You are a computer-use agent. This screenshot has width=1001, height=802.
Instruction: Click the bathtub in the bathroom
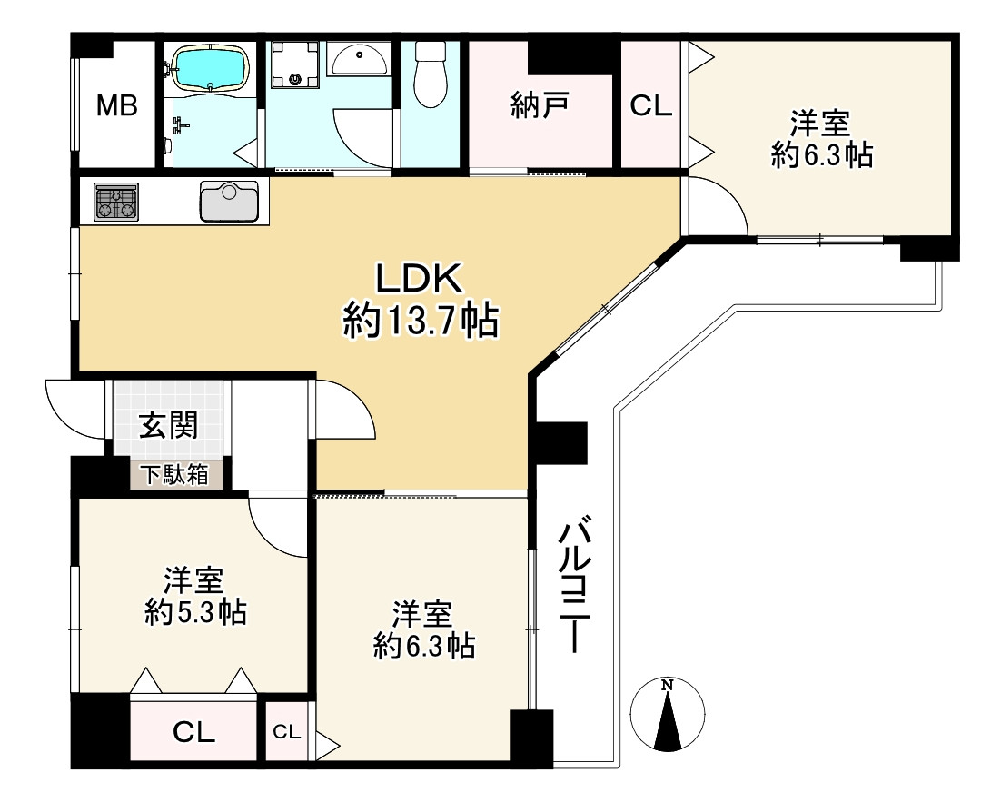(x=210, y=69)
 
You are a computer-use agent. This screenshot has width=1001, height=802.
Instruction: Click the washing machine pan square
(x=294, y=65)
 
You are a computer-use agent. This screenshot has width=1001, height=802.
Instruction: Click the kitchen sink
(x=229, y=202)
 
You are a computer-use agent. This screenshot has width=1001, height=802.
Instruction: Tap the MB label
(x=117, y=106)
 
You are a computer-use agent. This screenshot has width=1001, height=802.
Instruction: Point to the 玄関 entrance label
(x=168, y=425)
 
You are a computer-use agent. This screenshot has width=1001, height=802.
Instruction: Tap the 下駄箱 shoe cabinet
(x=173, y=474)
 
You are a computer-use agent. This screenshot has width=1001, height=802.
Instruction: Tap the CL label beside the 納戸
(x=651, y=106)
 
